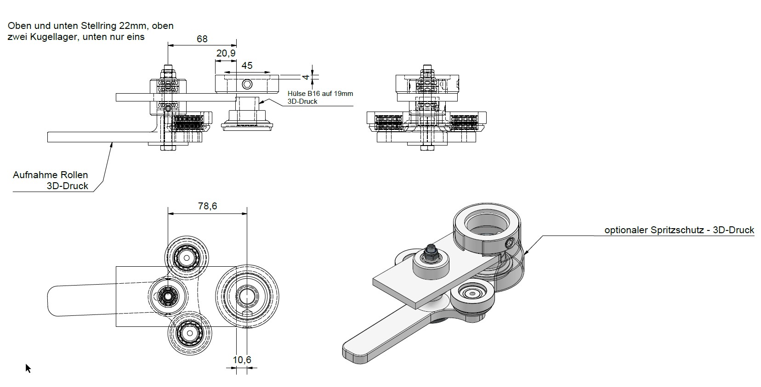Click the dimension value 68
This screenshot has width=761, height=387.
(202, 39)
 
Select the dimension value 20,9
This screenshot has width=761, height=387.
(226, 54)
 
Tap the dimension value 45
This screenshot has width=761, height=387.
(247, 66)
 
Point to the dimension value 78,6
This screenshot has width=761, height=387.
(207, 206)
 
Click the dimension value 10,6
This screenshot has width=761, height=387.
(242, 360)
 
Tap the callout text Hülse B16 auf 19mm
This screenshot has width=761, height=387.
(320, 94)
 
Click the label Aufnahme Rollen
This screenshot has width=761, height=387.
(50, 175)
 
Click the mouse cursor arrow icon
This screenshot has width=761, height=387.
(28, 368)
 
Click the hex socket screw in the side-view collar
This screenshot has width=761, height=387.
(247, 84)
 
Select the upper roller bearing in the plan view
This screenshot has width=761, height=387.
(187, 258)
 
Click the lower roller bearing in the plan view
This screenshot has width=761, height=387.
(189, 332)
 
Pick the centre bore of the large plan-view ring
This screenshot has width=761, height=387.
(247, 296)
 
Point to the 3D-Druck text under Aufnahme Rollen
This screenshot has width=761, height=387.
(67, 186)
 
